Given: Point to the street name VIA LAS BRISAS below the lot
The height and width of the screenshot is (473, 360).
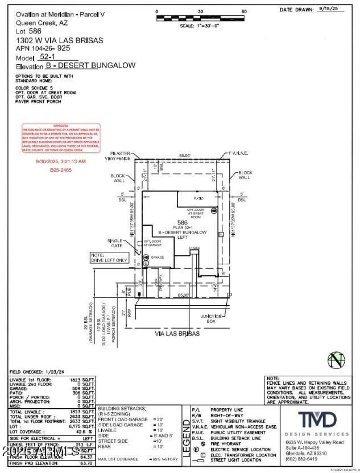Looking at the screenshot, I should pos(177,334).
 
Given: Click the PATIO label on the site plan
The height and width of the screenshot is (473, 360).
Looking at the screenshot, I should pos(199,198).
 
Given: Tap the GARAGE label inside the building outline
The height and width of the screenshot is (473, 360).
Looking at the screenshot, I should pos(157,257).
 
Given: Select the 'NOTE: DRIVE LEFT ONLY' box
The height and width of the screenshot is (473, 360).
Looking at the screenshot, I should pos(109,258).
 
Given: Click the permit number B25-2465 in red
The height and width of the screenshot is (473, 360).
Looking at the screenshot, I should pos(61,170).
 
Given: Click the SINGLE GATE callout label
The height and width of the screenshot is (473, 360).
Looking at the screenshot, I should pos(115,243).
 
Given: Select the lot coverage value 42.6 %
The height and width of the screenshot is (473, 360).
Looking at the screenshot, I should pos(84,431).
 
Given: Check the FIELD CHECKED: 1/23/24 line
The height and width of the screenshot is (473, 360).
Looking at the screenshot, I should pos(37,372).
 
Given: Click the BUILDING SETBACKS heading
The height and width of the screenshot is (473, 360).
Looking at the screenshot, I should pos(122,408).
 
